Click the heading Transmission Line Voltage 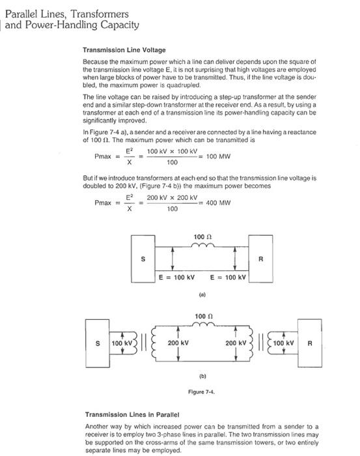124,50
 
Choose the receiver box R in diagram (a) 260,260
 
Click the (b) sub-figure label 202,376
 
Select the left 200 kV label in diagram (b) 178,343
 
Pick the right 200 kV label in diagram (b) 235,343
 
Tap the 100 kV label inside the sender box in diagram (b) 122,343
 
